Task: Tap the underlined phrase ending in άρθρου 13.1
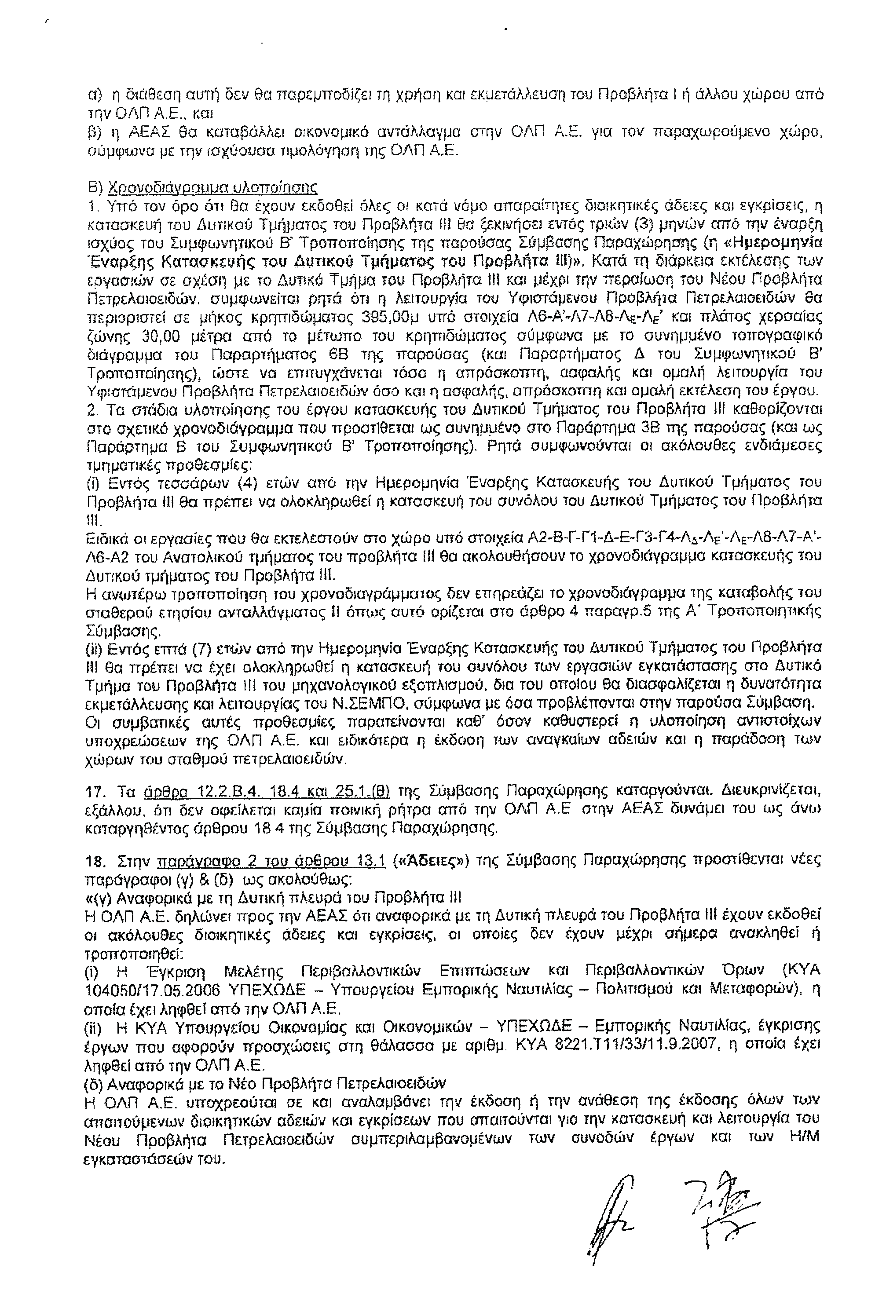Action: tap(272, 861)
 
